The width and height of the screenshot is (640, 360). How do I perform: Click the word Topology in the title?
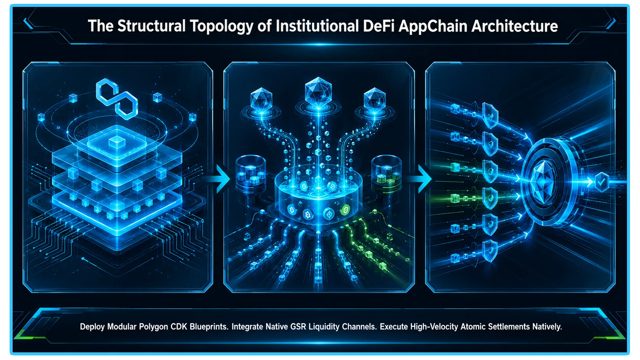click(221, 26)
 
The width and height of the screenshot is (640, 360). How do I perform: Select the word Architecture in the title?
click(514, 26)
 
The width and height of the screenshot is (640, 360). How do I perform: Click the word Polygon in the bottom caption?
click(153, 327)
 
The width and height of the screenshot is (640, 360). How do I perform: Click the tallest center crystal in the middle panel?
click(318, 91)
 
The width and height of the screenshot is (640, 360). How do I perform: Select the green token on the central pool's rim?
click(345, 210)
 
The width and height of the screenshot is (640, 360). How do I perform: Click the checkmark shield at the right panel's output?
click(602, 182)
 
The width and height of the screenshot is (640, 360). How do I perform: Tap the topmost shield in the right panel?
click(490, 115)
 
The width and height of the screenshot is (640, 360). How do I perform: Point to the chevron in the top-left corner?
click(28, 23)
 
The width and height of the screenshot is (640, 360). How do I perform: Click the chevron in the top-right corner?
click(611, 23)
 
